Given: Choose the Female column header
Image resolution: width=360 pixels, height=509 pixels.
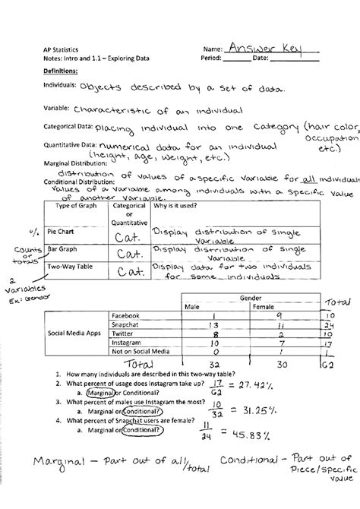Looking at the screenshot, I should click(x=272, y=308).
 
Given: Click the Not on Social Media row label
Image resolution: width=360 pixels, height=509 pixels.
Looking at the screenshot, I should click(x=141, y=353).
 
